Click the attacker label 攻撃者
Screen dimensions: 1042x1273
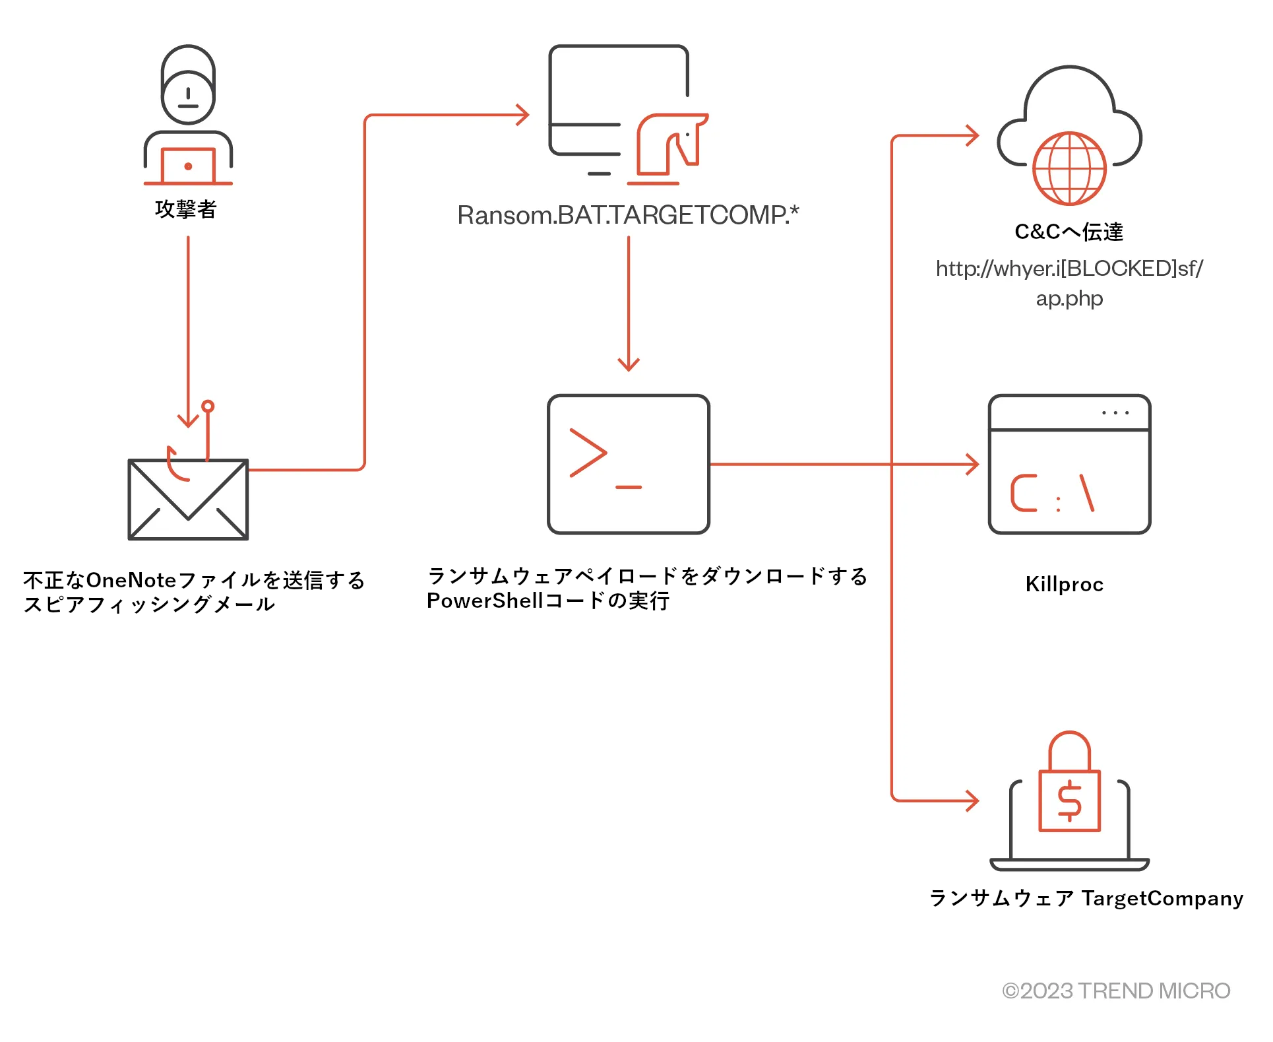click(x=185, y=209)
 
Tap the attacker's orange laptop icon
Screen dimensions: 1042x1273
click(x=188, y=166)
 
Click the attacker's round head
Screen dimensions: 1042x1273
click(x=188, y=96)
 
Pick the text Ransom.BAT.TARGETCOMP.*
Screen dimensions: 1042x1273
click(x=628, y=215)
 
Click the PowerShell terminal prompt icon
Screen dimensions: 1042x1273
click(x=628, y=464)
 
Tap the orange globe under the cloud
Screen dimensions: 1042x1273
click(x=1069, y=169)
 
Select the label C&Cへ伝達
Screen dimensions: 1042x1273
click(x=1069, y=232)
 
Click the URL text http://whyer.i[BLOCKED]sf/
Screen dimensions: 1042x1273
click(x=1069, y=269)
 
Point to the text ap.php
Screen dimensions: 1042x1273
click(x=1069, y=298)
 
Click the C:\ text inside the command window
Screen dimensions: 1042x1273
click(x=1052, y=494)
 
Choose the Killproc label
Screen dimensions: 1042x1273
click(x=1064, y=584)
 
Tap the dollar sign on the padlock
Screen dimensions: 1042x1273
click(x=1069, y=800)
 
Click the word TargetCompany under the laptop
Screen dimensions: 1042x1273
click(x=1162, y=898)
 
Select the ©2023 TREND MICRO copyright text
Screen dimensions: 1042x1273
click(x=1115, y=991)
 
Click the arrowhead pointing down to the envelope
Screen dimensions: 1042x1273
click(x=188, y=421)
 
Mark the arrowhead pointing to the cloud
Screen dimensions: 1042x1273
click(x=974, y=135)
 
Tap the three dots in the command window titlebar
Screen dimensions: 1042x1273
click(x=1115, y=413)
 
